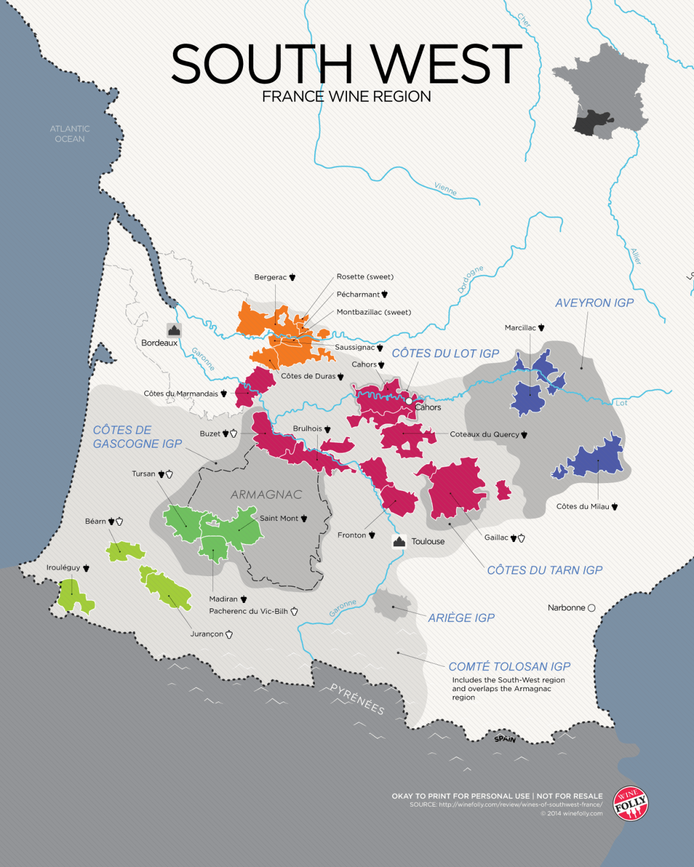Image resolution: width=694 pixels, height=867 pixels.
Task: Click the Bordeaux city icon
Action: point(174,330)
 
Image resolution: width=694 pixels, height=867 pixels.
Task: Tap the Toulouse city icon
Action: point(399,541)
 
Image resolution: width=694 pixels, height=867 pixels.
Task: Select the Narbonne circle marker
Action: point(591,608)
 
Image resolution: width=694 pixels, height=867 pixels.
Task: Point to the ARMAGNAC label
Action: point(266,495)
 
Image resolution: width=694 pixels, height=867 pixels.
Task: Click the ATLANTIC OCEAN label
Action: point(70,134)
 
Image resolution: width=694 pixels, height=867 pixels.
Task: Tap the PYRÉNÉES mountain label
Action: point(357,699)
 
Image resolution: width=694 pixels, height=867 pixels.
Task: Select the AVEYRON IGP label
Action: point(594,303)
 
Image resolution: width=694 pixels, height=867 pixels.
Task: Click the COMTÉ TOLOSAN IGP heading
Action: point(510,667)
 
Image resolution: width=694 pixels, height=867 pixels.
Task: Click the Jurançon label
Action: point(207,634)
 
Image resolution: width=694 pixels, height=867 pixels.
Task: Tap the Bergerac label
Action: point(270,277)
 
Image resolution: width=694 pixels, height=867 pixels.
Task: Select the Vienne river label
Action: point(445,189)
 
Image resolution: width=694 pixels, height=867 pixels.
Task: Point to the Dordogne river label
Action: point(471,279)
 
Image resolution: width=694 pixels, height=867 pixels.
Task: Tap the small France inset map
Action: point(609,91)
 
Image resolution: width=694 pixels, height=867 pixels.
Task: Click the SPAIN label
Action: point(505,739)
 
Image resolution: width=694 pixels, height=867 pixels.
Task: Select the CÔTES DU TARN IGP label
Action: point(545,570)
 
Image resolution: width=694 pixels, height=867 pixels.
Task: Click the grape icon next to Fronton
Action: point(372,535)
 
